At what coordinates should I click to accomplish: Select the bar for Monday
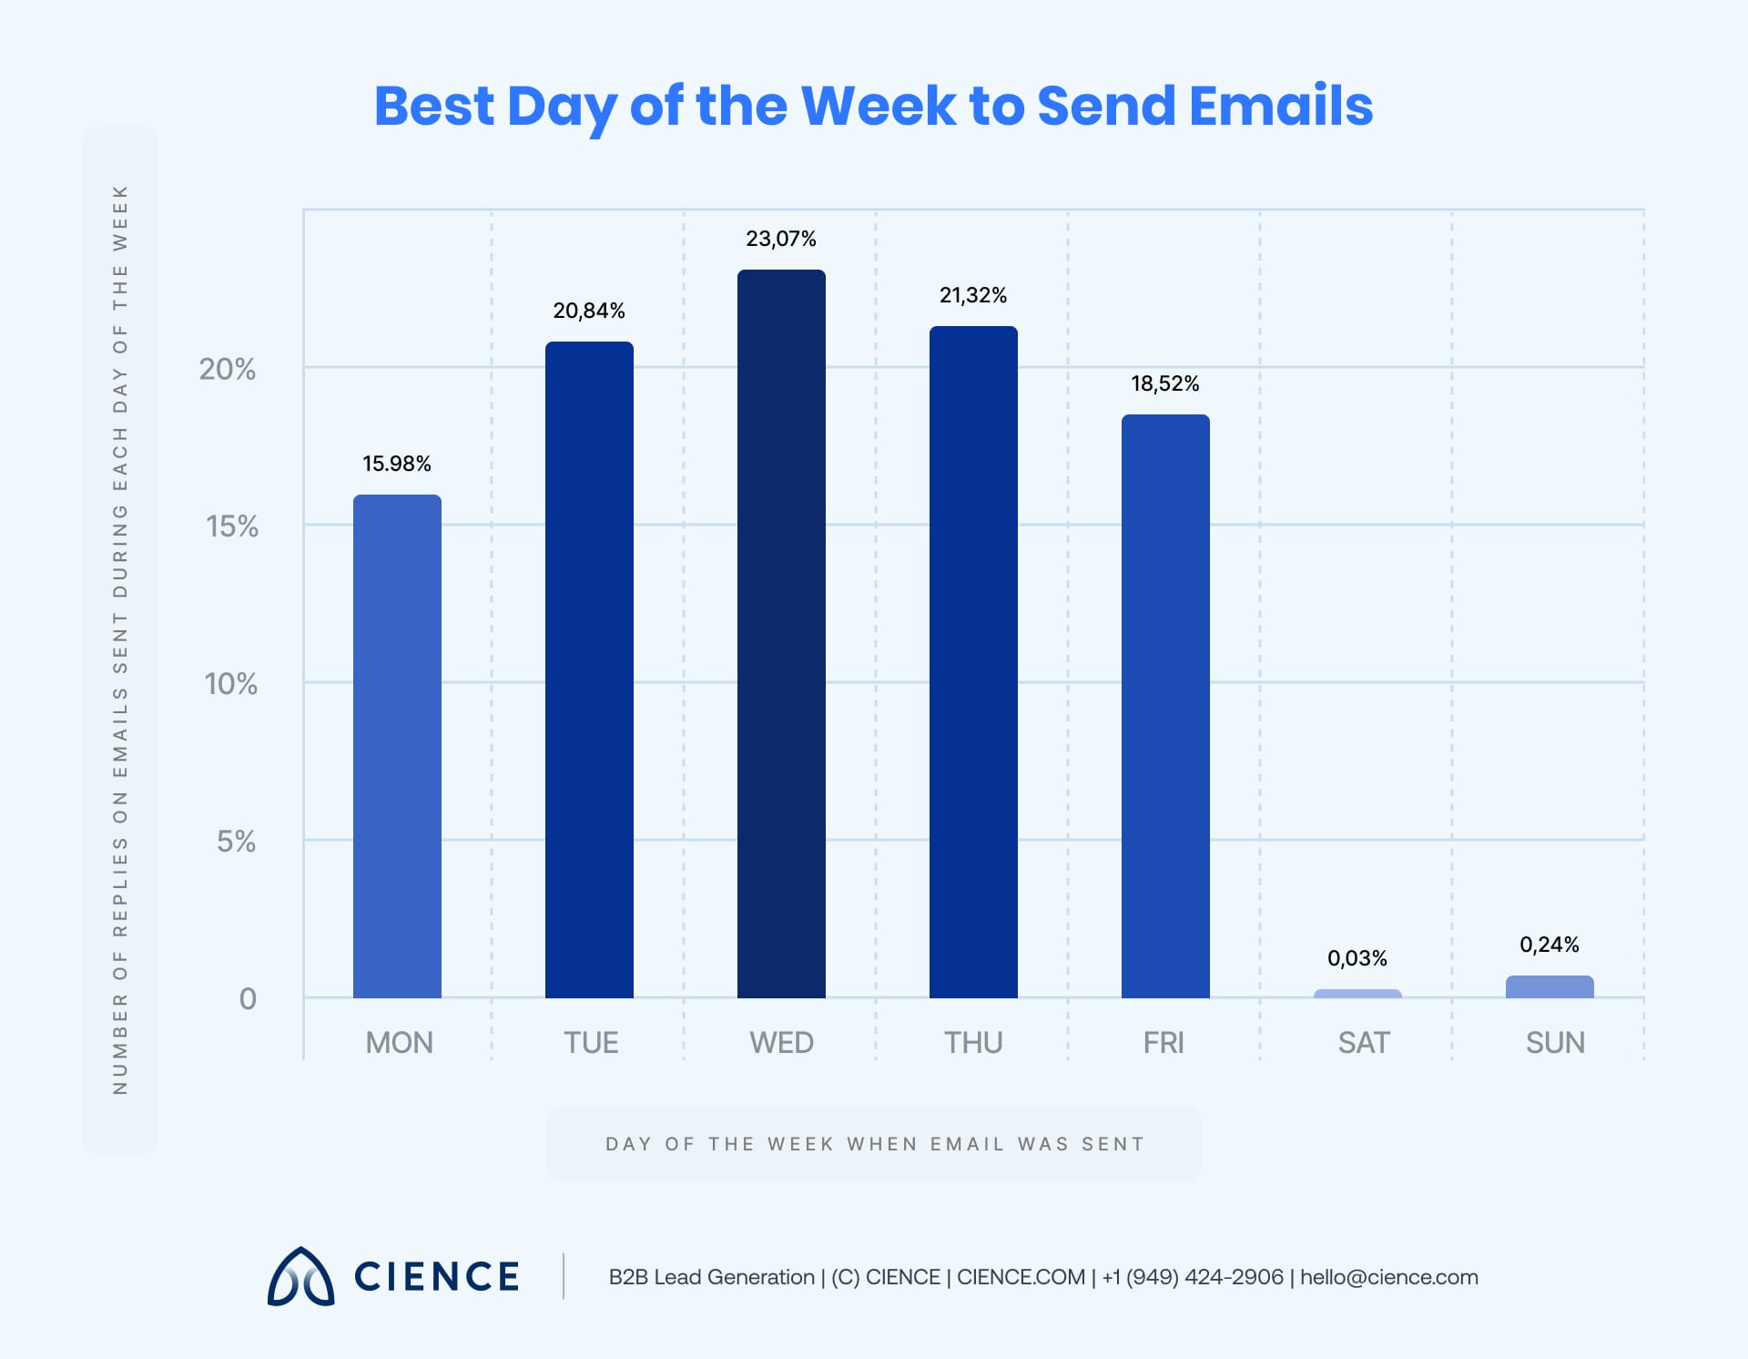click(397, 746)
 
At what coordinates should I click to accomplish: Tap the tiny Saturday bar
click(1357, 994)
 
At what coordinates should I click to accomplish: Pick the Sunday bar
click(1550, 987)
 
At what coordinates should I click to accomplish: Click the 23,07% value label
click(781, 239)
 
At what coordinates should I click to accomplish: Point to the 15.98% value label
click(397, 464)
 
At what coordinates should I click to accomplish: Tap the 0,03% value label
click(1357, 958)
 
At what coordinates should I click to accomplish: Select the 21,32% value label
click(973, 295)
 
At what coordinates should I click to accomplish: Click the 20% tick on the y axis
click(228, 369)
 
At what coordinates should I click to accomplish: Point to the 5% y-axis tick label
click(236, 841)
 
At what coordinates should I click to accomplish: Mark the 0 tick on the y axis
click(248, 999)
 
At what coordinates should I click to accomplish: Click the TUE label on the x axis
click(591, 1042)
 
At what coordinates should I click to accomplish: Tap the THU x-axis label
click(973, 1042)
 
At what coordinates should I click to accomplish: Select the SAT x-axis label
click(1364, 1042)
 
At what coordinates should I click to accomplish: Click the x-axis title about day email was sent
click(874, 1144)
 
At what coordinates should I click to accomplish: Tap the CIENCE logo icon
click(300, 1276)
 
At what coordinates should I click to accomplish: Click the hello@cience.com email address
click(1389, 1277)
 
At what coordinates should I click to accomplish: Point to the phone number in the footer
click(1193, 1277)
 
